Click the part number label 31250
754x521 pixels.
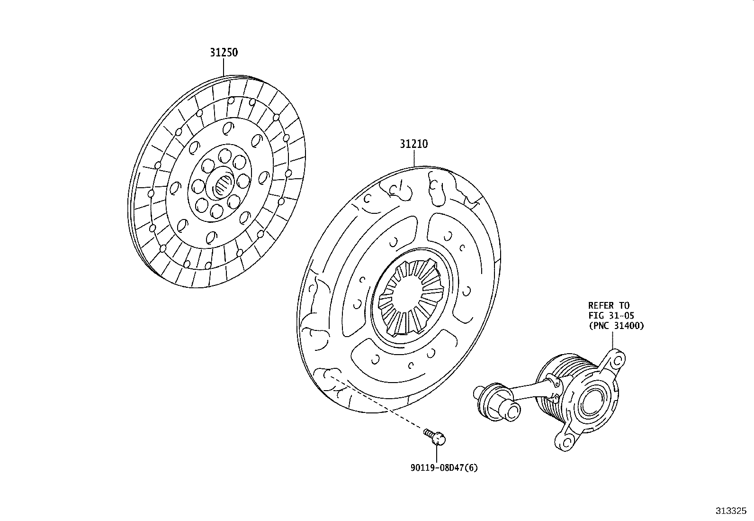(x=224, y=53)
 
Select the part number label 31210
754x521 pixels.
(x=413, y=144)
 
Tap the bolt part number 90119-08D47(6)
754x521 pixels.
(x=444, y=468)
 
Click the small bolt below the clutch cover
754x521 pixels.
(x=436, y=437)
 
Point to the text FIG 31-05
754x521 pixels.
(x=611, y=316)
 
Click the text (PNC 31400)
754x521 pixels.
(x=616, y=326)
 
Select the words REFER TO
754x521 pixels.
(x=609, y=306)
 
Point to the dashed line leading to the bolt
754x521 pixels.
(x=379, y=403)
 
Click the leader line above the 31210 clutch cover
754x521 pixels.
(x=414, y=159)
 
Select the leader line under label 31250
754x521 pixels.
(x=224, y=67)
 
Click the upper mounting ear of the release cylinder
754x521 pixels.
(x=616, y=360)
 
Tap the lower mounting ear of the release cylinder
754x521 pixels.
(x=566, y=440)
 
